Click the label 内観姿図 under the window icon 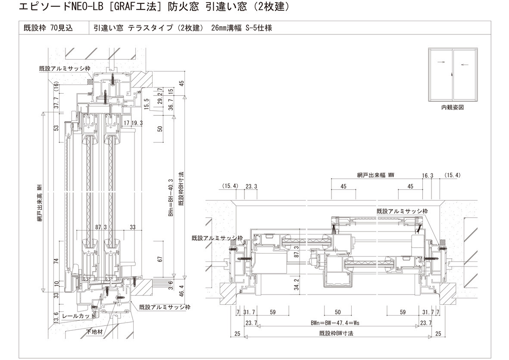click(x=452, y=107)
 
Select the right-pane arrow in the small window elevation click(x=465, y=65)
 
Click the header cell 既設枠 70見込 click(x=48, y=28)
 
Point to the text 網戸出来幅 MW click(x=375, y=175)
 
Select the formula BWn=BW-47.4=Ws click(x=335, y=323)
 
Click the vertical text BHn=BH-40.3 click(x=171, y=197)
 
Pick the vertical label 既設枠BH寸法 click(x=181, y=189)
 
